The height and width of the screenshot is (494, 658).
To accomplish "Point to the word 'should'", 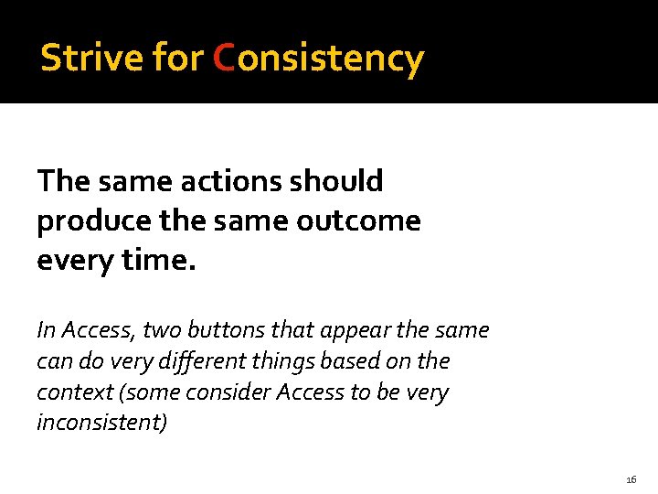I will [337, 181].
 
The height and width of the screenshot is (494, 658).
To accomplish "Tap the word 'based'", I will [354, 361].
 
